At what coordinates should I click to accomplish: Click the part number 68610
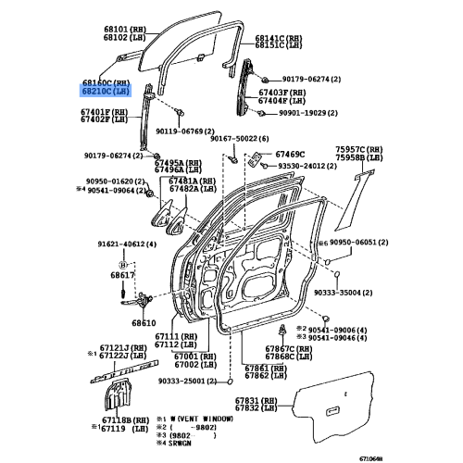coord(144,323)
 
